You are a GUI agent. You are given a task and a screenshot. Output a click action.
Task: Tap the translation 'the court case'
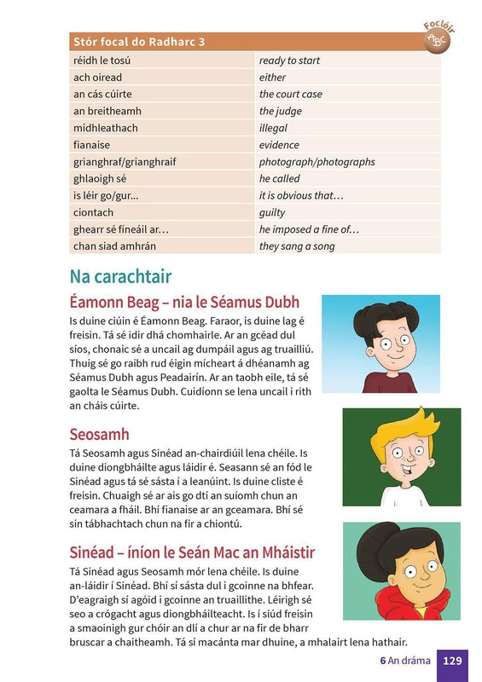(291, 94)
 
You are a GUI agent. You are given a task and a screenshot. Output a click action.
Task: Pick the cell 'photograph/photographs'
(316, 162)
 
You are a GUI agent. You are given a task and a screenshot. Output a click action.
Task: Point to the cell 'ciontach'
(94, 212)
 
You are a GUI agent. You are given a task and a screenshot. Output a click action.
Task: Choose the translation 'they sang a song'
(297, 246)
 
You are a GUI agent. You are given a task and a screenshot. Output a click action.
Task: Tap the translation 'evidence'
(280, 145)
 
